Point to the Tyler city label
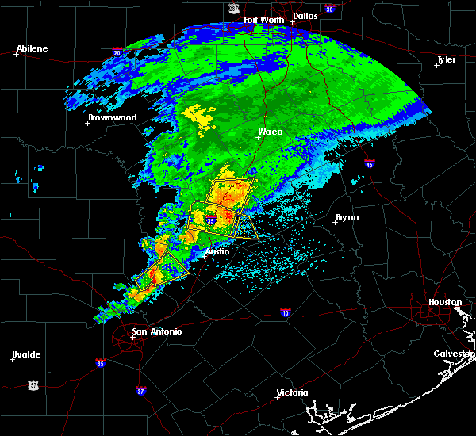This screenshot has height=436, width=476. pyautogui.click(x=446, y=59)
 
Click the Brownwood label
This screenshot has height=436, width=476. pyautogui.click(x=112, y=117)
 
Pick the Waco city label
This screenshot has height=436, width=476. pyautogui.click(x=271, y=132)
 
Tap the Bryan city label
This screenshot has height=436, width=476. pyautogui.click(x=347, y=216)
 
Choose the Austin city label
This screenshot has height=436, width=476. pyautogui.click(x=217, y=251)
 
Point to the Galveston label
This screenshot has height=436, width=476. pyautogui.click(x=453, y=354)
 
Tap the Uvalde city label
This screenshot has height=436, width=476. pyautogui.click(x=26, y=354)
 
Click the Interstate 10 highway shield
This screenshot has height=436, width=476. pyautogui.click(x=285, y=313)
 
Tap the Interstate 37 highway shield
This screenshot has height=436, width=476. pyautogui.click(x=140, y=390)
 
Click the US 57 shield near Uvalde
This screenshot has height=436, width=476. pyautogui.click(x=33, y=384)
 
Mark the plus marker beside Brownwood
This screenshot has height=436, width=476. pyautogui.click(x=88, y=123)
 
